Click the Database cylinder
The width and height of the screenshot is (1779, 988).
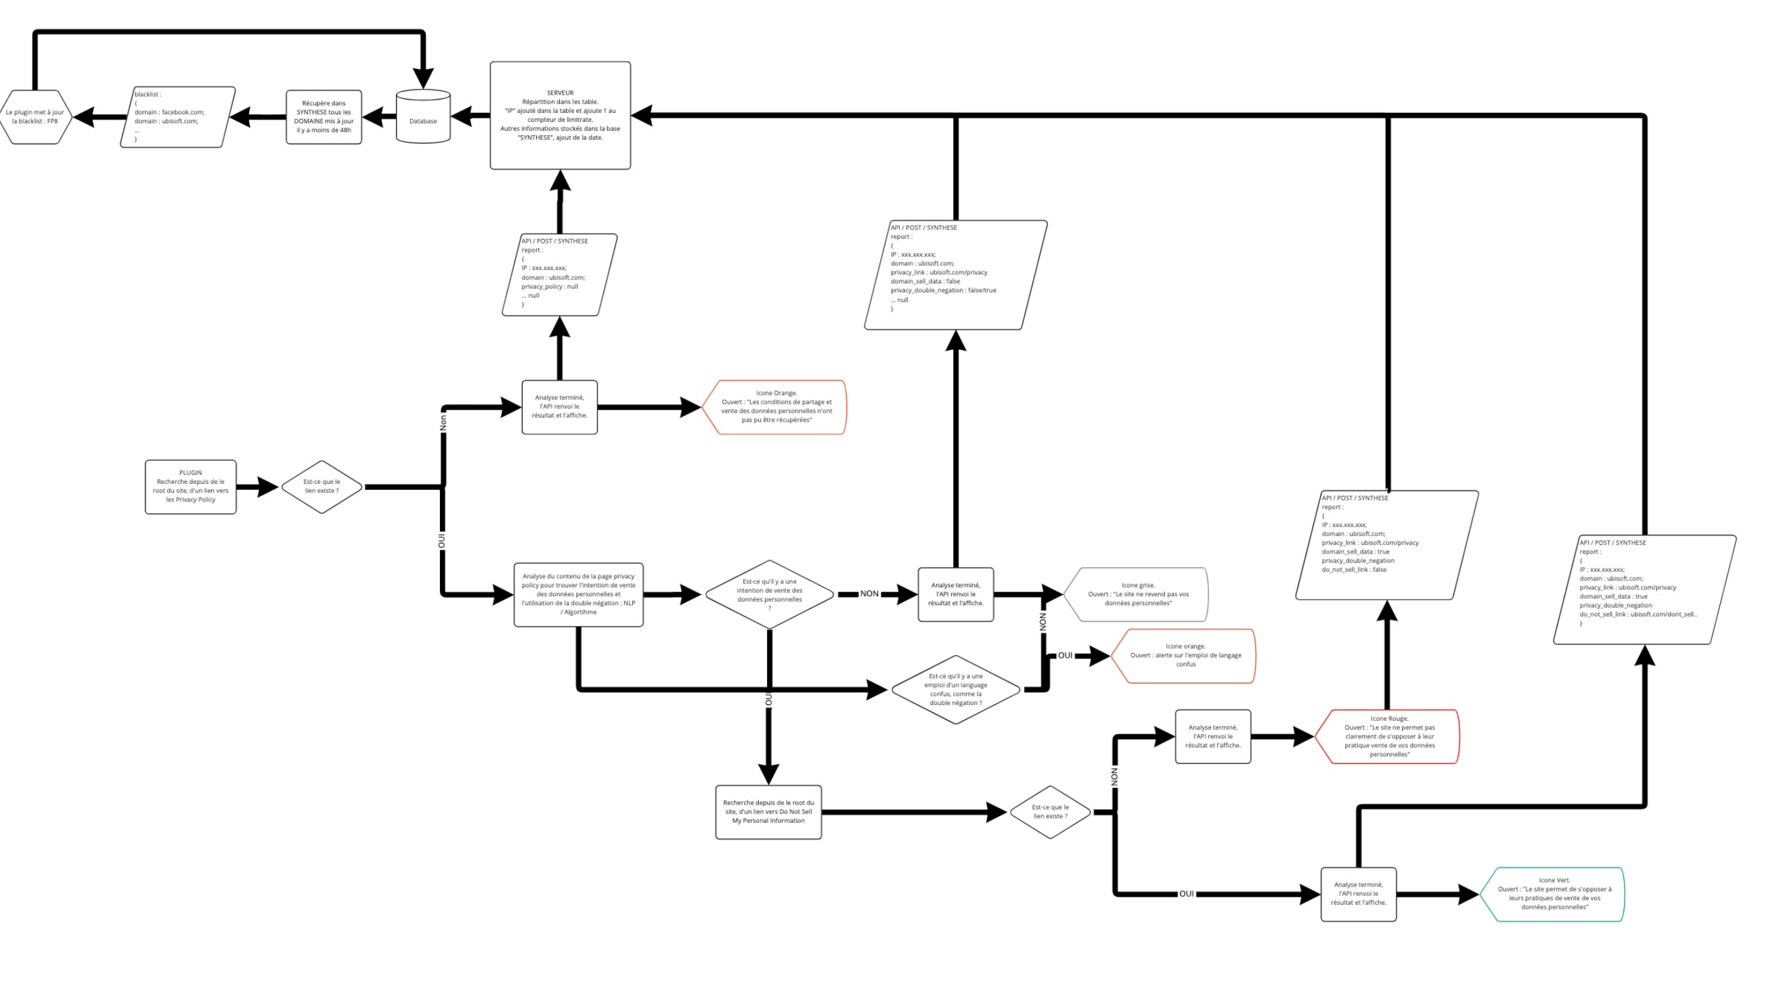(422, 116)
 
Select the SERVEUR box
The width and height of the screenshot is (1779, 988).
(560, 115)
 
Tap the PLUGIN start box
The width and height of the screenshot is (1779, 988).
(191, 487)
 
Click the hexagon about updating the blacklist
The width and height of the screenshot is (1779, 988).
(36, 116)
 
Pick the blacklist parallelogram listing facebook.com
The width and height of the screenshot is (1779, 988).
(177, 116)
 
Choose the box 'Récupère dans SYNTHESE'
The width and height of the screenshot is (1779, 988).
(324, 116)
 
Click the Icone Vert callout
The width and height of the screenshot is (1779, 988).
(1553, 893)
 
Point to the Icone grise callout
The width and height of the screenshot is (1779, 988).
(1137, 593)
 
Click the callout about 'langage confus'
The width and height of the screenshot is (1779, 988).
(1185, 655)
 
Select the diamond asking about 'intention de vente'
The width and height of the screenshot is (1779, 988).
(769, 594)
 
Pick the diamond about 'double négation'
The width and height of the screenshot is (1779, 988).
(955, 689)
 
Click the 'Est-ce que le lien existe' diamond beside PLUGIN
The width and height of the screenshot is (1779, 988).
(322, 487)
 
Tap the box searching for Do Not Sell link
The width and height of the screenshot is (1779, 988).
(768, 811)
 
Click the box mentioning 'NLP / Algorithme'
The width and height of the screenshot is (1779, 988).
(578, 594)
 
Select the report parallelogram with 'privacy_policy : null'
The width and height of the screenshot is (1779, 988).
(558, 275)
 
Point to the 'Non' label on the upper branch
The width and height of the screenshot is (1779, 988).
(443, 422)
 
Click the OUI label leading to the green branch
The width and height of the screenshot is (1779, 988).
(1186, 893)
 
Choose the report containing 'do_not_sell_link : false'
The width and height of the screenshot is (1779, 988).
(1387, 545)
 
